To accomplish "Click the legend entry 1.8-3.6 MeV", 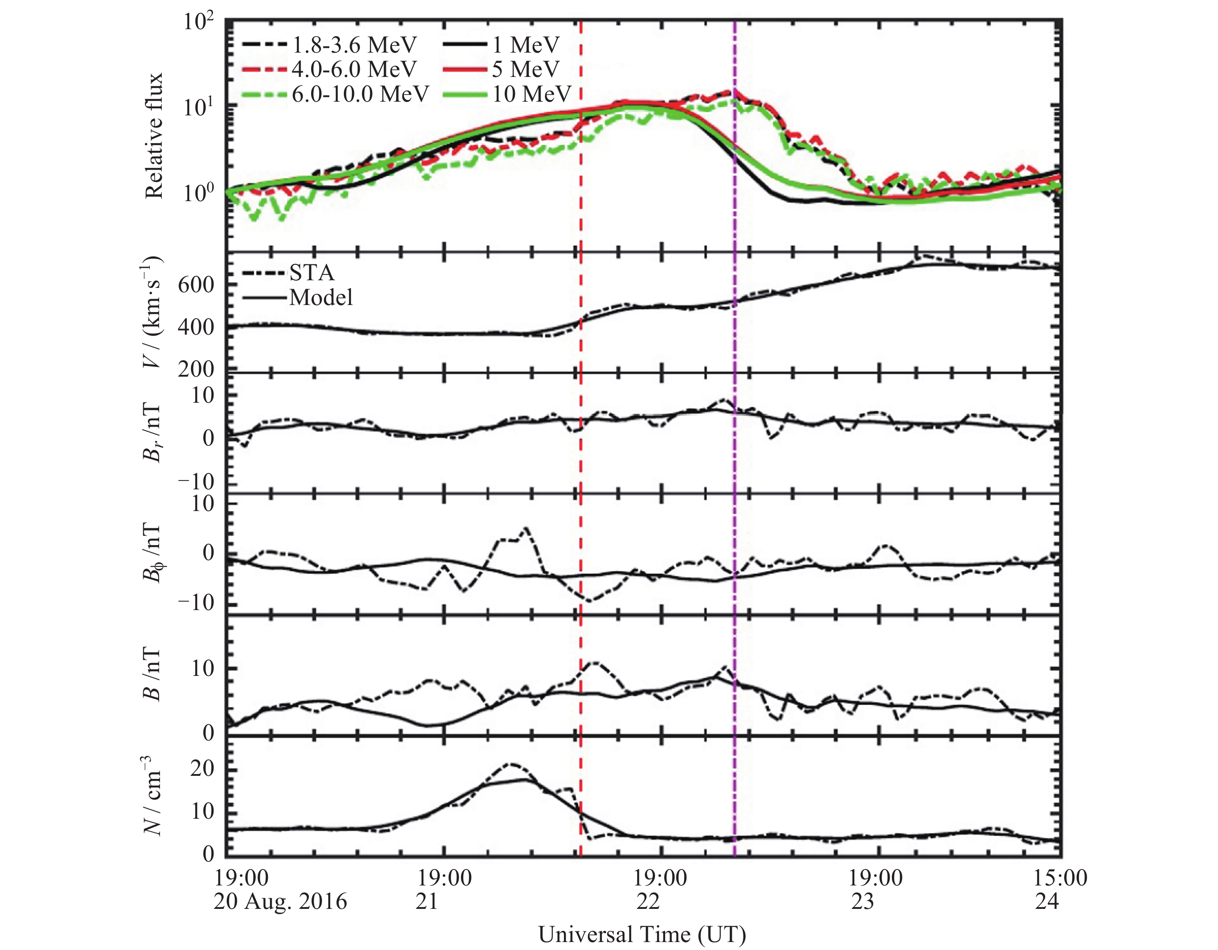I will [354, 45].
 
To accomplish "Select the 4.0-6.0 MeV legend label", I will [354, 69].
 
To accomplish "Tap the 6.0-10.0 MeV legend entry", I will [360, 94].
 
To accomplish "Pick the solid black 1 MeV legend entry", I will [526, 45].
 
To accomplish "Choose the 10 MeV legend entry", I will [532, 94].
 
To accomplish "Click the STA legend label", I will [312, 273].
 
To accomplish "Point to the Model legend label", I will [321, 298].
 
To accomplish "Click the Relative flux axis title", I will [153, 136].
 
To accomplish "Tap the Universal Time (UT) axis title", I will [642, 934].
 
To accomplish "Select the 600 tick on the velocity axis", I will [196, 285].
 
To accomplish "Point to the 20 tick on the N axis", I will [202, 769].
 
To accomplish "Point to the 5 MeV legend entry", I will [526, 69].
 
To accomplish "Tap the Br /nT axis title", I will [152, 433].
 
